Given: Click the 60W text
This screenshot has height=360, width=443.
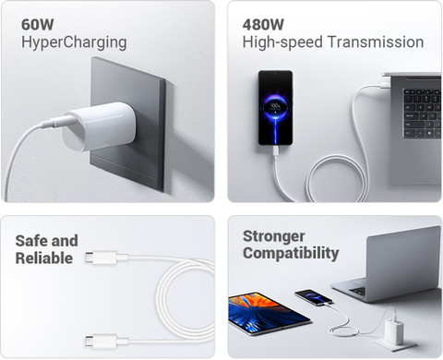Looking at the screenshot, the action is (x=38, y=25).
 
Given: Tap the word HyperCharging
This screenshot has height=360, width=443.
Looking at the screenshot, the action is (x=74, y=42).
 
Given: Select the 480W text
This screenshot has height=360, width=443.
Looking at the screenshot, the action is (x=263, y=25).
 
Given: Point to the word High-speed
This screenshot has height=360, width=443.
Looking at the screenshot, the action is (x=282, y=42).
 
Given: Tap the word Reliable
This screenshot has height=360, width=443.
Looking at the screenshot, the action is (x=44, y=258).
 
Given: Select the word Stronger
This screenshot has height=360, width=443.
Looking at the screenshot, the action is (x=274, y=237).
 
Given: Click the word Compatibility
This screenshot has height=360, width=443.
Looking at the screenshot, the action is (x=291, y=254).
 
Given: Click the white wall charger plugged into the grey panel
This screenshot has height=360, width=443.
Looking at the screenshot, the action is (x=99, y=126).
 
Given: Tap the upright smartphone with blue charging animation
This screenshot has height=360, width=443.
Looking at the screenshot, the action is (x=275, y=108).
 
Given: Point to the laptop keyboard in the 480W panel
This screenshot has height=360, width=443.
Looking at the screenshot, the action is (x=422, y=113).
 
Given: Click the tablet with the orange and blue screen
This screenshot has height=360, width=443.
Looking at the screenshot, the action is (x=269, y=313).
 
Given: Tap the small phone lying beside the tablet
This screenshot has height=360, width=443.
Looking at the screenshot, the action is (x=313, y=297).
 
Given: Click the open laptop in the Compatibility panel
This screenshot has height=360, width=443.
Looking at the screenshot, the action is (x=389, y=264).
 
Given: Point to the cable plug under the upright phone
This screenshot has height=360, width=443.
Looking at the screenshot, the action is (x=276, y=151).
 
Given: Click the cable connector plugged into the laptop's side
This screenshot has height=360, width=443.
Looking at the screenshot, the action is (x=385, y=82).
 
